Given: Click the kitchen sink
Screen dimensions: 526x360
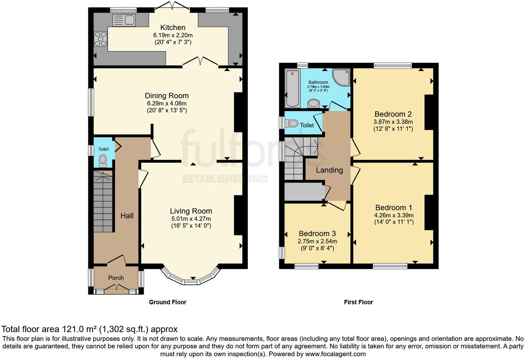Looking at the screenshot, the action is click(124, 20).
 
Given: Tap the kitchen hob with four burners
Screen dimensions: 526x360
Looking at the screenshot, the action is click(100, 39).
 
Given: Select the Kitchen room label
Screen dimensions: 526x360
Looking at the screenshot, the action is click(173, 27).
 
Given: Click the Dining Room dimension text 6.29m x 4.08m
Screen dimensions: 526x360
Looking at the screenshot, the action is click(167, 103).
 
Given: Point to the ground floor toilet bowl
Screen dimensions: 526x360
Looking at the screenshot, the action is click(103, 160).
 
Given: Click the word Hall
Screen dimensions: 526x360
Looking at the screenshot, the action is click(127, 216).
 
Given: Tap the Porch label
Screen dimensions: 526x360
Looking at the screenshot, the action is click(116, 278).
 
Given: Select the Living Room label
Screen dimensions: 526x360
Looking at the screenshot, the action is click(191, 211).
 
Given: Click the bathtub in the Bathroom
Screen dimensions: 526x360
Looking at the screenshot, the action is click(293, 88).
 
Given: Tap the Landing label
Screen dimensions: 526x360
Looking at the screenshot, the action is click(329, 170).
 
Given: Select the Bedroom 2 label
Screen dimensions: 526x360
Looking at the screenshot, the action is click(393, 114).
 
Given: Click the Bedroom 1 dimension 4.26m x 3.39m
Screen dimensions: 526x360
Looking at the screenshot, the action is click(394, 215).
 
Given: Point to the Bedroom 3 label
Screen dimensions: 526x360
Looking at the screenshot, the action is click(317, 233).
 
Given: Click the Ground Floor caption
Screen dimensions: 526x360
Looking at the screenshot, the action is click(167, 302).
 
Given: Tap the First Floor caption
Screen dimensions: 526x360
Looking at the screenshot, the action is click(359, 302).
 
